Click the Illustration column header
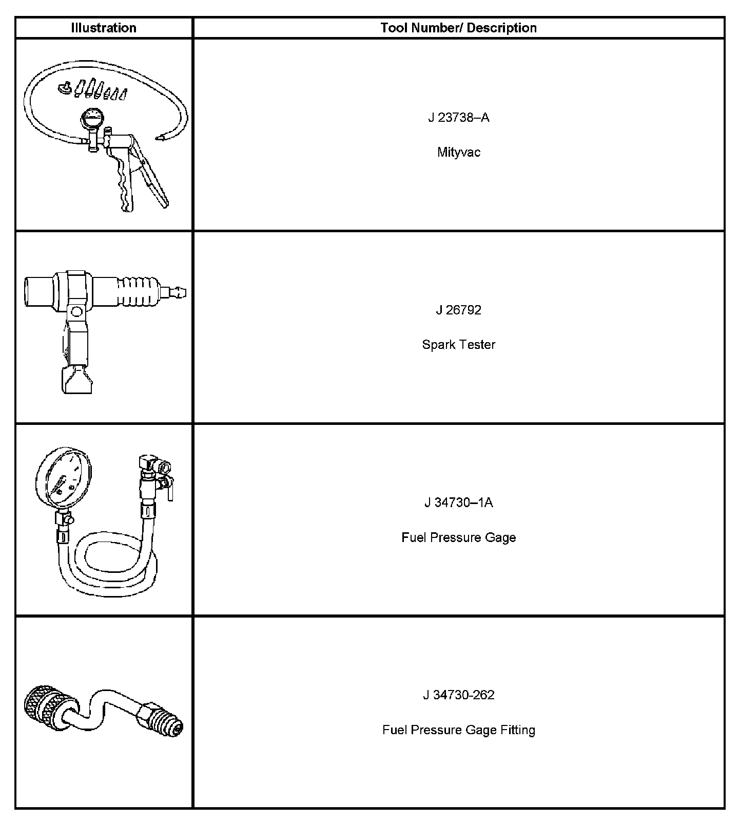(x=104, y=28)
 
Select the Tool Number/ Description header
(x=458, y=28)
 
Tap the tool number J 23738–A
(x=458, y=118)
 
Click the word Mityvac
(x=458, y=152)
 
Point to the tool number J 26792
(x=458, y=310)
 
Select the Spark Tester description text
(x=458, y=344)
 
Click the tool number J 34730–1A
(x=458, y=502)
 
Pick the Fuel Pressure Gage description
(x=458, y=537)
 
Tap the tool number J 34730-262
(x=458, y=695)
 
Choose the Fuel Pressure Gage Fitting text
(x=458, y=730)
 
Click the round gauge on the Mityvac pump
(x=92, y=120)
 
